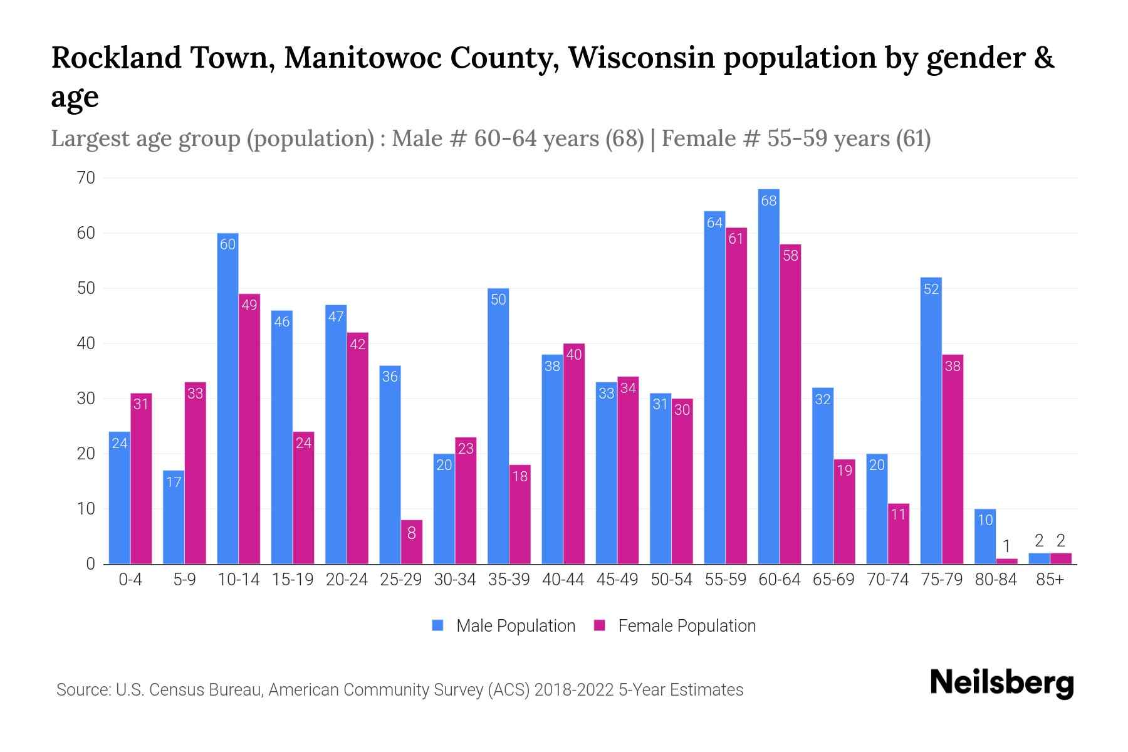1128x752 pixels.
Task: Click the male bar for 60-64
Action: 768,376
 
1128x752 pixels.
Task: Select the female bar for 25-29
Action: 412,542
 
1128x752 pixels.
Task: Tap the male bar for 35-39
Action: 498,426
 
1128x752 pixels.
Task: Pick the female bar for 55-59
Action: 736,395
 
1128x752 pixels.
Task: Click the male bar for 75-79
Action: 931,420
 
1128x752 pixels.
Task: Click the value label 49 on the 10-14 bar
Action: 249,305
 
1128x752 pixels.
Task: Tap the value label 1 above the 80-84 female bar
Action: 1006,546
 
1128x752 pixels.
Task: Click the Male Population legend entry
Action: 504,626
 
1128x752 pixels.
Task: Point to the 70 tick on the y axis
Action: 86,178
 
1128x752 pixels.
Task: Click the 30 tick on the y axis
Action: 86,399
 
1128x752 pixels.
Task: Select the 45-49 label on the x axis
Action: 617,580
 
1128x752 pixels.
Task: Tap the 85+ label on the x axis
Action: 1050,580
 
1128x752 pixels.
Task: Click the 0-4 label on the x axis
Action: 130,580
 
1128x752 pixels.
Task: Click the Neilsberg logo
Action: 1001,683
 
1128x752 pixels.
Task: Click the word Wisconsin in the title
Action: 642,58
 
